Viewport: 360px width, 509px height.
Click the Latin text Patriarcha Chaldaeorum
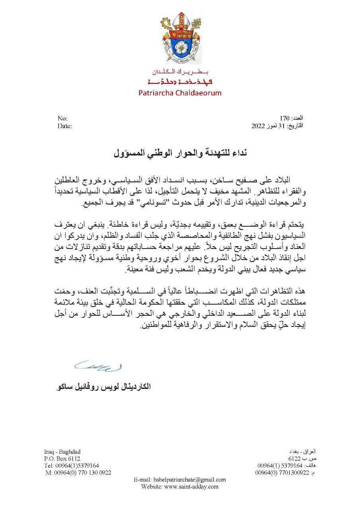[180, 93]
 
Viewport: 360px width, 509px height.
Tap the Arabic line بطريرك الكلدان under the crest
[180, 72]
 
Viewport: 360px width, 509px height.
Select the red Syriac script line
[180, 82]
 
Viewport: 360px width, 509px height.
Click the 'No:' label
[62, 119]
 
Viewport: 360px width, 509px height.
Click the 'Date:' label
[64, 126]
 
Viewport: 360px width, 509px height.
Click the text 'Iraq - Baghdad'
[62, 452]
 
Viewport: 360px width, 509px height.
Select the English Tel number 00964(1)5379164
[72, 466]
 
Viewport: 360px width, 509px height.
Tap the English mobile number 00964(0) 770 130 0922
[78, 473]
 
